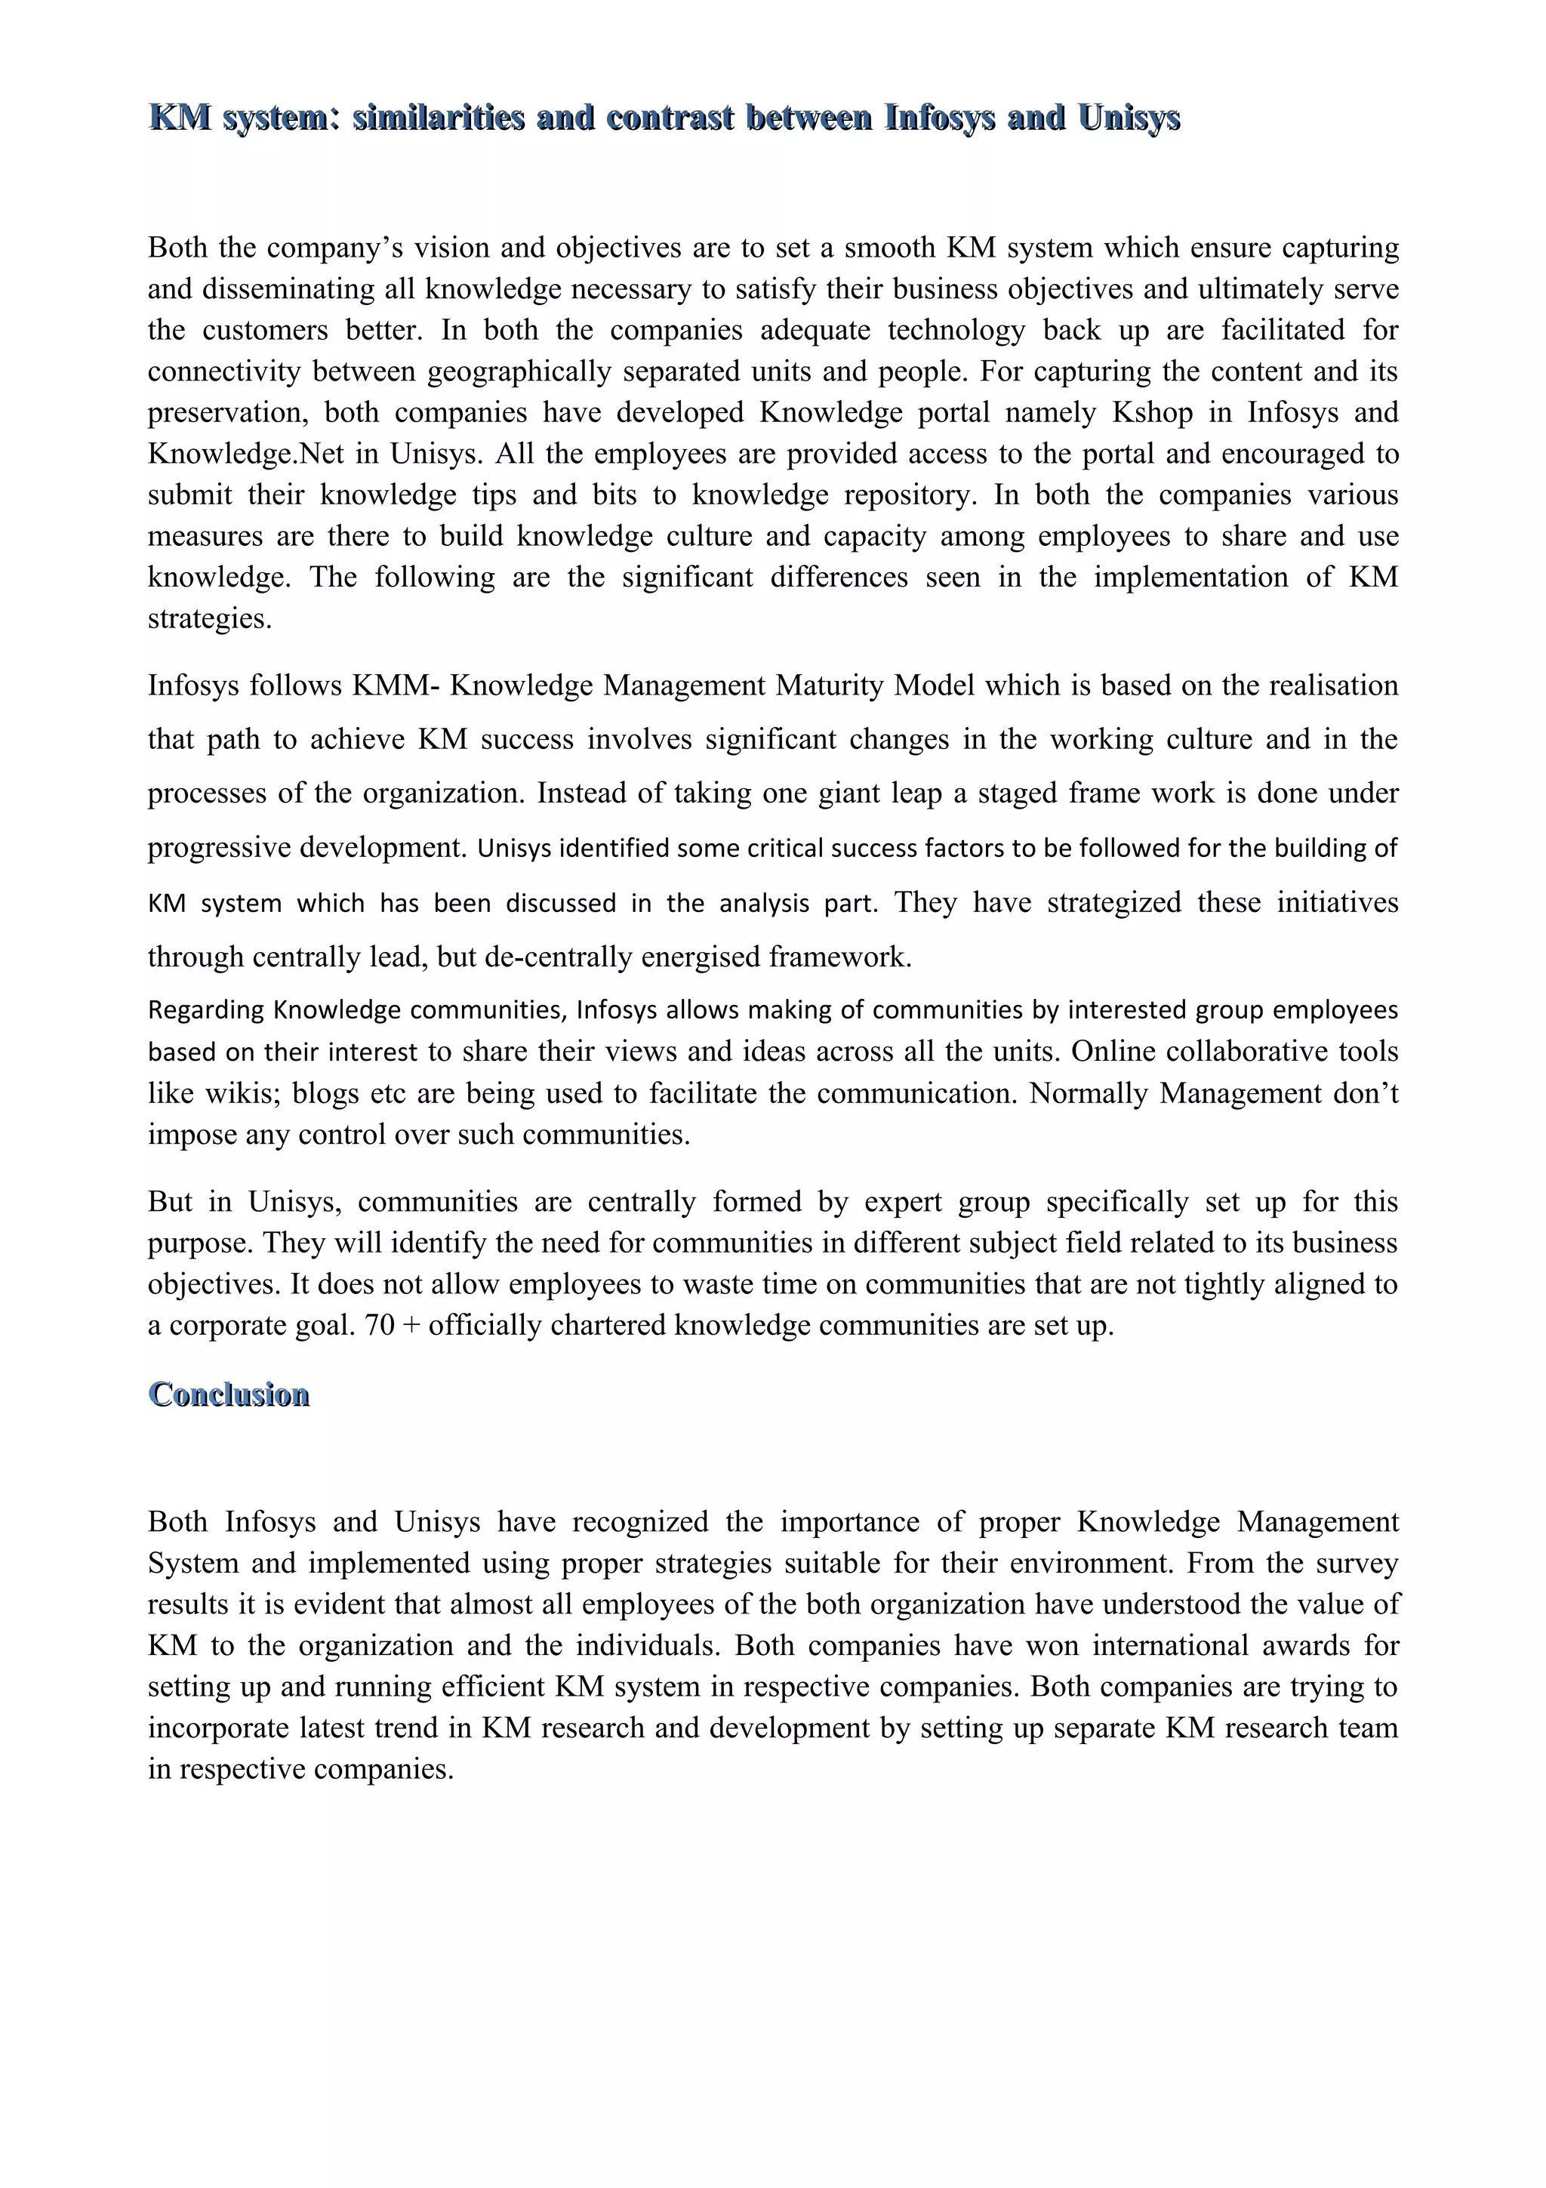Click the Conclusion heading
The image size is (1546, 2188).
click(229, 1394)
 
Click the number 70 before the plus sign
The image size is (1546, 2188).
click(379, 1326)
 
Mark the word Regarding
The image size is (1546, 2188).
click(207, 1010)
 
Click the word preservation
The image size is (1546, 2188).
click(226, 413)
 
